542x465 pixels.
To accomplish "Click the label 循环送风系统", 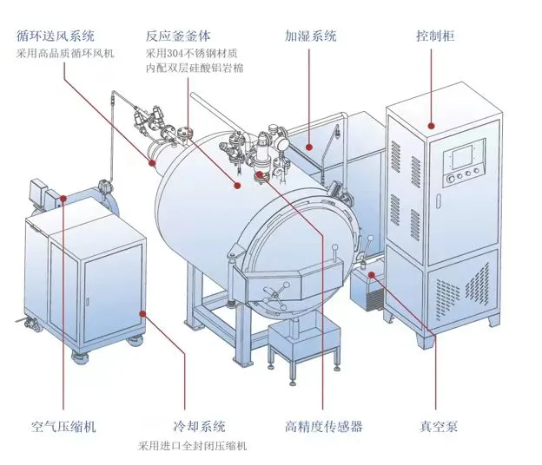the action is (x=56, y=36).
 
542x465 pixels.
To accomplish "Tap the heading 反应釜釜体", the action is (x=178, y=36).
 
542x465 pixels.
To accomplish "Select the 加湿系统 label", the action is (x=310, y=36).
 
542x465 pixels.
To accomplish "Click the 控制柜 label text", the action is (x=435, y=36).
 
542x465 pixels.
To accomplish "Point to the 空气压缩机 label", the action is (x=63, y=427).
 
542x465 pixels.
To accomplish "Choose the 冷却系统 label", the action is (x=199, y=427).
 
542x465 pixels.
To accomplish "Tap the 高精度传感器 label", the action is (x=323, y=427).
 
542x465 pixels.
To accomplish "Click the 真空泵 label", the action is (x=439, y=427).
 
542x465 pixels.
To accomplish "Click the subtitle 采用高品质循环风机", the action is (x=65, y=54).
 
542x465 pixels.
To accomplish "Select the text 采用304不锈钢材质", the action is (x=191, y=54).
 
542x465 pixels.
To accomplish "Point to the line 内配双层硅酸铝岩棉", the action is (x=195, y=68).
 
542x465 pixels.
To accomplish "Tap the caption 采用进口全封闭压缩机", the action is (x=192, y=446).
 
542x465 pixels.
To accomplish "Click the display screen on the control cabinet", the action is (x=462, y=156).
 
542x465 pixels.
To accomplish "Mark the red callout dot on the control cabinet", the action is (x=431, y=126).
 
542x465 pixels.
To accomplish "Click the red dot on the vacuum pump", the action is (x=372, y=275).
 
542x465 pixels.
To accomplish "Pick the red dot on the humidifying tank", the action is (x=309, y=147).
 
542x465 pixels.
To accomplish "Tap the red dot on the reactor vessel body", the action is (x=237, y=186).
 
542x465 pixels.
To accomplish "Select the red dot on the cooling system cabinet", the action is (x=142, y=313).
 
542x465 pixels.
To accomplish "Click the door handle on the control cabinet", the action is (x=439, y=201).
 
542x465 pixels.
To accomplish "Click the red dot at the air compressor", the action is (x=63, y=198).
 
